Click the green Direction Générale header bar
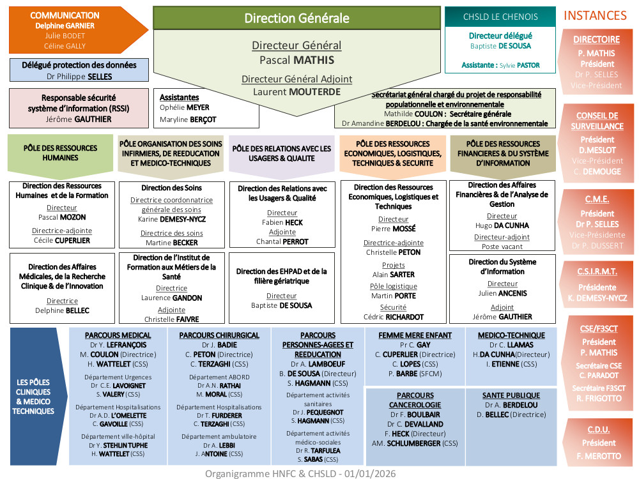pos(296,18)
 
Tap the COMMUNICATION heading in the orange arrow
pos(65,15)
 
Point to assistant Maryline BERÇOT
pos(188,119)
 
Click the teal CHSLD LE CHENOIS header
pos(500,17)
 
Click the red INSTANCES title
pos(595,15)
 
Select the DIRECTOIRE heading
pos(596,40)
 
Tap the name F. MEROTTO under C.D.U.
pos(598,456)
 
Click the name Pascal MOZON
pos(62,217)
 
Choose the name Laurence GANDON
pos(171,298)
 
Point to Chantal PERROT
pos(282,241)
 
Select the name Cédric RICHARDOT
pos(393,317)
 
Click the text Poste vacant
pos(502,247)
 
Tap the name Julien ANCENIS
pos(502,293)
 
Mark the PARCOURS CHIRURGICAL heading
pos(219,335)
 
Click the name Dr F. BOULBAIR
pos(415,414)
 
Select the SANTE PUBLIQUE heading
pos(511,395)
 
